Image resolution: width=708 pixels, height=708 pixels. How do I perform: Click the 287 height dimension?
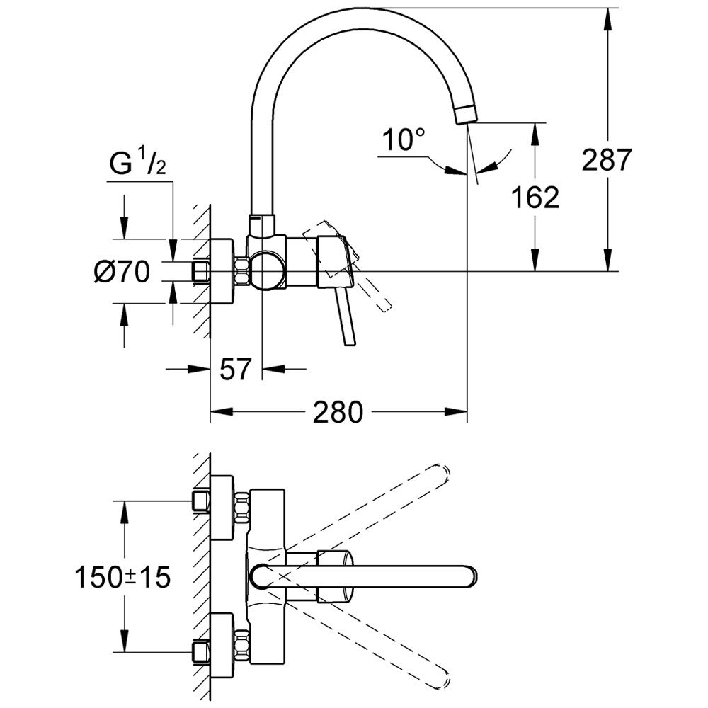606,160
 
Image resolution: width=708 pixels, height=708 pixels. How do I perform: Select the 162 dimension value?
535,198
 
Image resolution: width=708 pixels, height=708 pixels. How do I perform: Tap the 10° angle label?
400,139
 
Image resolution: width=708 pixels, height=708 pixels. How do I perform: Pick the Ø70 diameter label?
121,271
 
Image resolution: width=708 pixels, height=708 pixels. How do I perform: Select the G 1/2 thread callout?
137,165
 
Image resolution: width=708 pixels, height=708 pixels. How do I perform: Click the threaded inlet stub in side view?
200,271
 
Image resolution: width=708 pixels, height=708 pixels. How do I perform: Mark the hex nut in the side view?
241,271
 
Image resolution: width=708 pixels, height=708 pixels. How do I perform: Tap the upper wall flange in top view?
222,508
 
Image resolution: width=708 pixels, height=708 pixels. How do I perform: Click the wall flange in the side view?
222,272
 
